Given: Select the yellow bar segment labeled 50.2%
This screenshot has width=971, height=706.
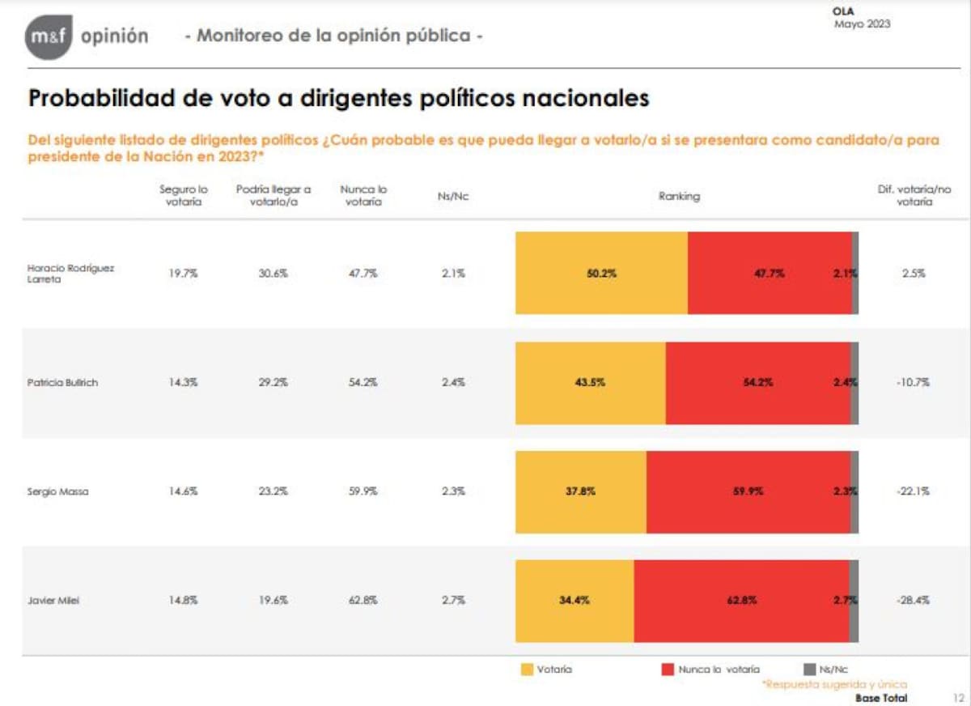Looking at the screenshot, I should pyautogui.click(x=601, y=274).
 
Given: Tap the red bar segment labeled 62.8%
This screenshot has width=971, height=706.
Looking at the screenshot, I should pyautogui.click(x=741, y=601).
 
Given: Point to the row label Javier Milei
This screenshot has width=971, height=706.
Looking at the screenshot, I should pyautogui.click(x=53, y=601).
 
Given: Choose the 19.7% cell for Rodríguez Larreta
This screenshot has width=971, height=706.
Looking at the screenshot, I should pyautogui.click(x=183, y=274).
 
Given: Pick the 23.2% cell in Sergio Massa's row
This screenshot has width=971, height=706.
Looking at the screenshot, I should pyautogui.click(x=273, y=491).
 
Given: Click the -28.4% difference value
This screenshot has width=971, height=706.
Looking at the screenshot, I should pyautogui.click(x=913, y=601).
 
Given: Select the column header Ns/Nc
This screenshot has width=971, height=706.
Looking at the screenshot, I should pyautogui.click(x=453, y=196).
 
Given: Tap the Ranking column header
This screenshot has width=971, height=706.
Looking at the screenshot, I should pyautogui.click(x=678, y=196).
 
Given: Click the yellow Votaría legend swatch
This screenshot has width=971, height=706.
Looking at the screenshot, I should pyautogui.click(x=527, y=670).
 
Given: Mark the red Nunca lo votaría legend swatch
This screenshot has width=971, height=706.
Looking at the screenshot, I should pyautogui.click(x=668, y=670).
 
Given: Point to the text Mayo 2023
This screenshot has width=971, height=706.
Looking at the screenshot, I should pyautogui.click(x=862, y=24).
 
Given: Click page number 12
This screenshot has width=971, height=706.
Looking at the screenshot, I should pyautogui.click(x=958, y=697).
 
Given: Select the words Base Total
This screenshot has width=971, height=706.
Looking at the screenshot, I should pyautogui.click(x=881, y=697).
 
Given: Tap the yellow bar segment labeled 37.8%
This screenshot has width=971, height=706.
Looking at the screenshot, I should pyautogui.click(x=580, y=491).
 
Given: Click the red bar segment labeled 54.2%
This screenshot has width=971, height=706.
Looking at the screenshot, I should pyautogui.click(x=757, y=382).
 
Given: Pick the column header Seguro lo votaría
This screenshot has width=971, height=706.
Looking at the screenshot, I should pyautogui.click(x=183, y=195).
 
